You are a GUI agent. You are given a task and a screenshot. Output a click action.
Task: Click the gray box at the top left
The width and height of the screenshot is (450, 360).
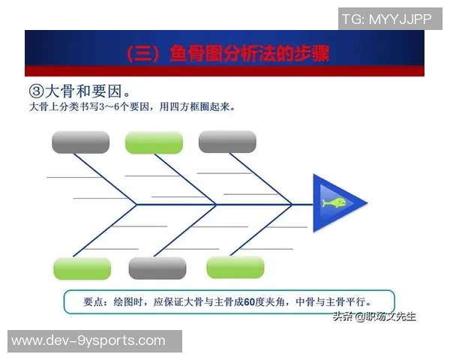pos(80,142)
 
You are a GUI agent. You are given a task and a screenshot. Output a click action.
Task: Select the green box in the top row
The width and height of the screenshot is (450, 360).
pos(154,142)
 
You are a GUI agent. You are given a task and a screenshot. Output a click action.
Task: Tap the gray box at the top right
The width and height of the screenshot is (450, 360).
pos(227,141)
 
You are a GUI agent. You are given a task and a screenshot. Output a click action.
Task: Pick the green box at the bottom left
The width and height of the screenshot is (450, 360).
pos(82,268)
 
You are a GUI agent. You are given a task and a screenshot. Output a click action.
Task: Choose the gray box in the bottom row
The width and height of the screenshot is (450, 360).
pos(157,268)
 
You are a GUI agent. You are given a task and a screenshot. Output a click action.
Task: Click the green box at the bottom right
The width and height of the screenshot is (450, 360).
pos(235,267)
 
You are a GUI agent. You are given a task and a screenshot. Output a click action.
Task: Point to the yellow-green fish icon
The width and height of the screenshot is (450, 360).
pos(334,203)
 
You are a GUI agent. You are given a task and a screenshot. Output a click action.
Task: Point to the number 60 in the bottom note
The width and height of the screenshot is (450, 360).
pos(251,302)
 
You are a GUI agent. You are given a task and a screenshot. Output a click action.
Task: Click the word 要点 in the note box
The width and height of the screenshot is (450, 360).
pos(95,302)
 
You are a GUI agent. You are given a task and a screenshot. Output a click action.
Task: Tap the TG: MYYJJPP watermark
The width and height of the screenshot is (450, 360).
pos(387,19)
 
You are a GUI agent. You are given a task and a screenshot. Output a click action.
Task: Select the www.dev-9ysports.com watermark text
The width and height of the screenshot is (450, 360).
pos(88,340)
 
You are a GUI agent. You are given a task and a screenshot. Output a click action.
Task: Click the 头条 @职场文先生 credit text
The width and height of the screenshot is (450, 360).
pos(374,316)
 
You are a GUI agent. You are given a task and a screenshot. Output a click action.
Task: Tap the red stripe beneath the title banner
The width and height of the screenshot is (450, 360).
pos(224,71)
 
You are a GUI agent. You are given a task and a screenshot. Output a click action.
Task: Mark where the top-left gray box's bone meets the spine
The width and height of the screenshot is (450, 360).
pos(136,203)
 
